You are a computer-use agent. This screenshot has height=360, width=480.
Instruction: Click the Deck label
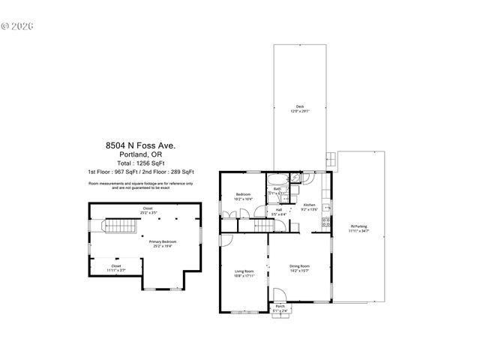point(299,106)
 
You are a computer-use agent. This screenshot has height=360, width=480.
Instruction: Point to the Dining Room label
point(300,266)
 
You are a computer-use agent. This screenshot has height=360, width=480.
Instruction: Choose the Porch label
point(280,307)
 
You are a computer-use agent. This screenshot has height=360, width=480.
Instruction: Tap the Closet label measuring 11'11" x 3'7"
point(116,266)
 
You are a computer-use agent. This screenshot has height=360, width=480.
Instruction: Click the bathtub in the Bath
point(276,181)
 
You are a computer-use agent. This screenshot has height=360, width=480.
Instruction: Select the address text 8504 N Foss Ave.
point(140,147)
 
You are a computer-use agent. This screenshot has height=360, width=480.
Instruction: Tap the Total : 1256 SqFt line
point(140,163)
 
